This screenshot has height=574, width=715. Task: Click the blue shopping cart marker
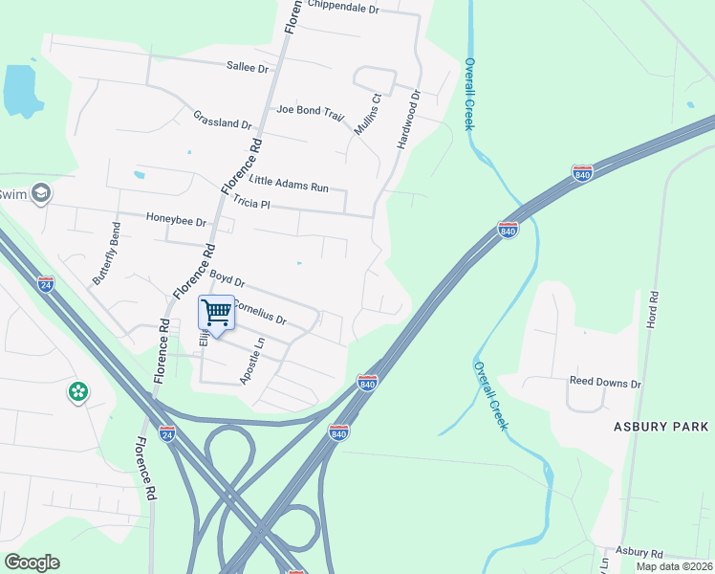click(x=217, y=312)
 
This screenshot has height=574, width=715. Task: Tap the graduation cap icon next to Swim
click(x=40, y=194)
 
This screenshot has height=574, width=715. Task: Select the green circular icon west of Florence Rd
click(x=77, y=391)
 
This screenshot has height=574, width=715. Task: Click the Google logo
click(x=32, y=563)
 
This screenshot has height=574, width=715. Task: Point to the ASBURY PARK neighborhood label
click(x=661, y=426)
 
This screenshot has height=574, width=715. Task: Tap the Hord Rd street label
click(x=653, y=311)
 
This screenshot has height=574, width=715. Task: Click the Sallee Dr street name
click(x=248, y=67)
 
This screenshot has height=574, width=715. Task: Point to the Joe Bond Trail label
click(x=310, y=112)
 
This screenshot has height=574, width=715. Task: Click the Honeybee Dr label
click(x=176, y=221)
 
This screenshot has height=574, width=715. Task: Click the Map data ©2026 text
click(x=673, y=566)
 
